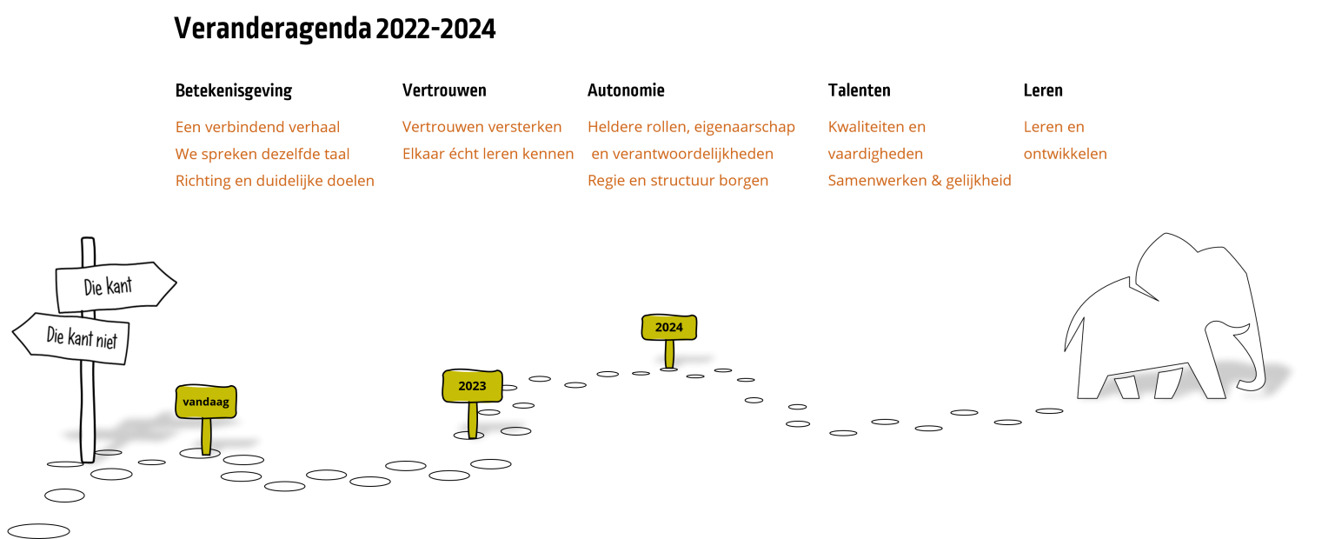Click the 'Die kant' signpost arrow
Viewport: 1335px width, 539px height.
pyautogui.click(x=113, y=286)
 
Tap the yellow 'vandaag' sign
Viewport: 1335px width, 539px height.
pyautogui.click(x=206, y=402)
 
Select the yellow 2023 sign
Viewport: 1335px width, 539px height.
pyautogui.click(x=472, y=386)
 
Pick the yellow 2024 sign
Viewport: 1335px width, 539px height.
pyautogui.click(x=668, y=328)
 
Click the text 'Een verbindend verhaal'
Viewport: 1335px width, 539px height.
pyautogui.click(x=257, y=127)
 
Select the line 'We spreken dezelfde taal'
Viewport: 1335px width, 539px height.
pyautogui.click(x=262, y=154)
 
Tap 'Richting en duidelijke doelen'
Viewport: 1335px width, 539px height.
pyautogui.click(x=275, y=181)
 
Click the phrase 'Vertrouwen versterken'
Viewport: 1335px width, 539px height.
pyautogui.click(x=482, y=127)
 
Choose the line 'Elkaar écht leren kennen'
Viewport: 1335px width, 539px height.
pyautogui.click(x=488, y=154)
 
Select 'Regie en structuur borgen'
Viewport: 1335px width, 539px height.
pyautogui.click(x=678, y=181)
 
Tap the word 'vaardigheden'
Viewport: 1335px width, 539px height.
pyautogui.click(x=875, y=154)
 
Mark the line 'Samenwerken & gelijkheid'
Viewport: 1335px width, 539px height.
pyautogui.click(x=920, y=181)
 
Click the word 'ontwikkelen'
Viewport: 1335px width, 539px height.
pyautogui.click(x=1065, y=154)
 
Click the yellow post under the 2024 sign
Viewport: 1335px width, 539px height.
pyautogui.click(x=669, y=354)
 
